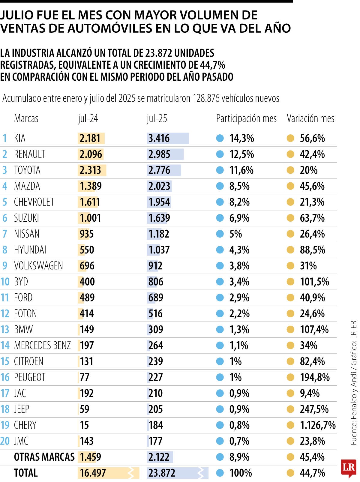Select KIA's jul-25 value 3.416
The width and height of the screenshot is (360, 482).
pyautogui.click(x=159, y=139)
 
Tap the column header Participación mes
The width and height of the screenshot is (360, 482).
pyautogui.click(x=246, y=118)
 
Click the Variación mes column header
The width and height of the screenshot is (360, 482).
pyautogui.click(x=310, y=118)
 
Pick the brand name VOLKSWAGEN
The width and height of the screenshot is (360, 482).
pyautogui.click(x=38, y=266)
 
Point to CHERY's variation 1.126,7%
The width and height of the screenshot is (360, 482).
pyautogui.click(x=317, y=425)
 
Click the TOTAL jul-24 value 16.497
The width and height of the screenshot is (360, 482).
pyautogui.click(x=93, y=473)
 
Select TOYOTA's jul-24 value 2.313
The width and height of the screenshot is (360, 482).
pyautogui.click(x=90, y=170)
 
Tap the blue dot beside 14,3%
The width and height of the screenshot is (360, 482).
pyautogui.click(x=220, y=138)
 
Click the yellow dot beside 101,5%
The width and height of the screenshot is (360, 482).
pyautogui.click(x=290, y=282)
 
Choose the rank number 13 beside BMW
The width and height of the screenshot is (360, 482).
pyautogui.click(x=5, y=330)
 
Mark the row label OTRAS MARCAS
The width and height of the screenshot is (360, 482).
pyautogui.click(x=44, y=457)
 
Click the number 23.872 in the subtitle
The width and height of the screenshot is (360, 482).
pyautogui.click(x=158, y=53)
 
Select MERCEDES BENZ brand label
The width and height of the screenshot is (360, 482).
pyautogui.click(x=42, y=346)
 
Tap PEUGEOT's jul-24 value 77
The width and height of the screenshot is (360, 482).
pyautogui.click(x=85, y=377)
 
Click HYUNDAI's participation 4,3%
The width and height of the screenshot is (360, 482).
pyautogui.click(x=239, y=250)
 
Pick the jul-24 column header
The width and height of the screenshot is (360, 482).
pyautogui.click(x=88, y=118)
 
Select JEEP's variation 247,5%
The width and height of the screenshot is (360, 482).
pyautogui.click(x=314, y=409)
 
